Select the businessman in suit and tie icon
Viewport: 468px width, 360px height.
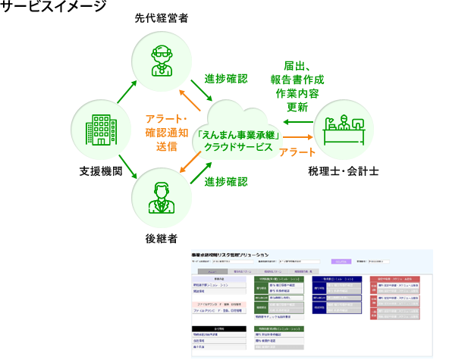pos(160,196)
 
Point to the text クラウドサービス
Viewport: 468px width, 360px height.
pos(237,148)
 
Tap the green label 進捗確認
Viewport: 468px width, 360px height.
pos(225,182)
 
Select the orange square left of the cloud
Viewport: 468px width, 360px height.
pos(165,133)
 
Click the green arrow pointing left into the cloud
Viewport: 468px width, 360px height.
pos(297,121)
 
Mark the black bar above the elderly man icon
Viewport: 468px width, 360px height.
pos(161,17)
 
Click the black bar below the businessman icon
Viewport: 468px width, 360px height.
pos(161,238)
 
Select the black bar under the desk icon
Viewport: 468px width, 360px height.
pos(343,171)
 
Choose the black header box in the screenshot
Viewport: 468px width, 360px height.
pos(219,328)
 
